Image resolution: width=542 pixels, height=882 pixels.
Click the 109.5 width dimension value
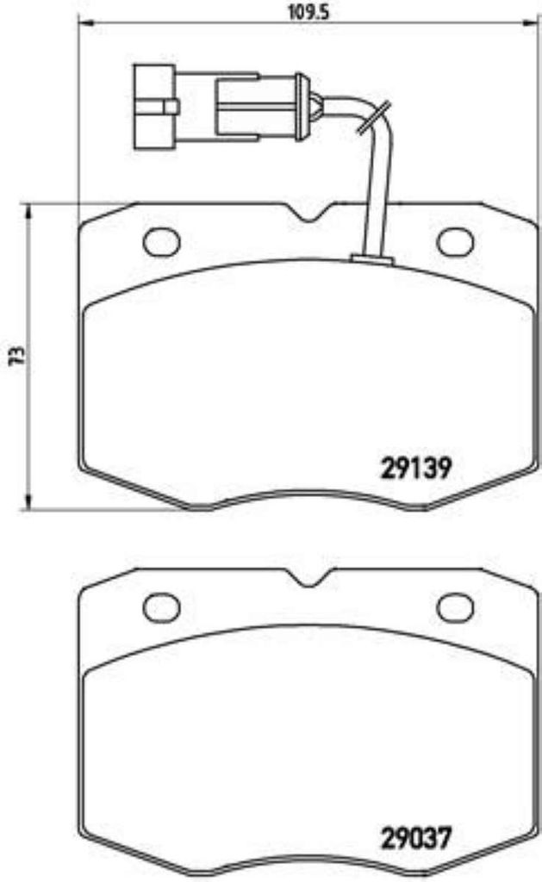click(x=308, y=12)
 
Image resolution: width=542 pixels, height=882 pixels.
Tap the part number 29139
click(x=416, y=468)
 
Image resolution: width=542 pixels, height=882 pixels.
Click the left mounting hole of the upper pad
click(x=161, y=241)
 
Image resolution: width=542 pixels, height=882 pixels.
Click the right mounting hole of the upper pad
click(x=456, y=242)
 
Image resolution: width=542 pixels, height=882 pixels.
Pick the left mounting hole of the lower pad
click(x=161, y=607)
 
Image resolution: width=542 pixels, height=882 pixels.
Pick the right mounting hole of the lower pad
click(x=456, y=607)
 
